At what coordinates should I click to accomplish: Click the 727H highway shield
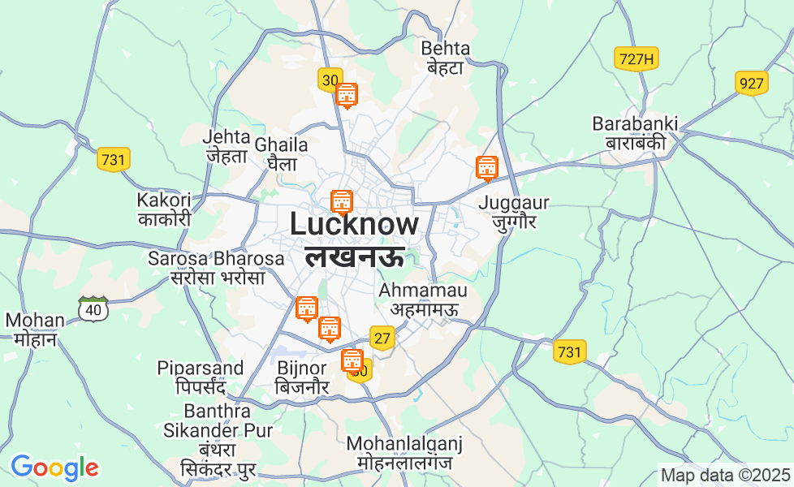click(635, 59)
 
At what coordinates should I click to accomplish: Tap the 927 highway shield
click(752, 83)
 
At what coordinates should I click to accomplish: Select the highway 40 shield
click(94, 308)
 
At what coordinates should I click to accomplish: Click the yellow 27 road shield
click(382, 337)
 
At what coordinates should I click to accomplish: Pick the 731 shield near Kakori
click(114, 159)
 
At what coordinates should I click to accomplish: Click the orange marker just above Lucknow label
click(342, 200)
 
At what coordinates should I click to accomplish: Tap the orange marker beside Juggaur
click(486, 168)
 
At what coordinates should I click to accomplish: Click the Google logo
click(54, 468)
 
